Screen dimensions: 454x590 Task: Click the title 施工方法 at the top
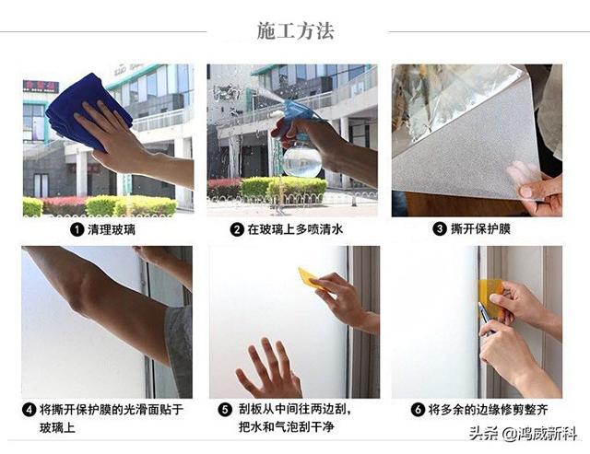pyautogui.click(x=294, y=30)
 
